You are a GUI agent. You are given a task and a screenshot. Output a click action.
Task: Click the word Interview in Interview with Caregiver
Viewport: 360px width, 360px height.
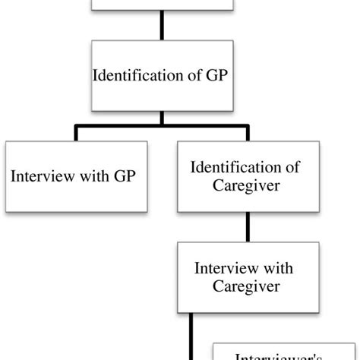click(x=221, y=269)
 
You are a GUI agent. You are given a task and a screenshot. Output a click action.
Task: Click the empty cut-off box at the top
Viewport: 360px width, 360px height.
click(x=161, y=6)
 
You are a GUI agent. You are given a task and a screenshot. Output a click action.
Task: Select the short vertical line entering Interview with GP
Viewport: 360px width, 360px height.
click(x=75, y=134)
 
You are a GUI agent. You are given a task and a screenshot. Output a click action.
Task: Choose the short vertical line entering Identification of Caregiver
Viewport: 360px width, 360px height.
click(x=248, y=134)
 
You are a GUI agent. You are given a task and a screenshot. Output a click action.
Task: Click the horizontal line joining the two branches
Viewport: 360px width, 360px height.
click(x=161, y=126)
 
